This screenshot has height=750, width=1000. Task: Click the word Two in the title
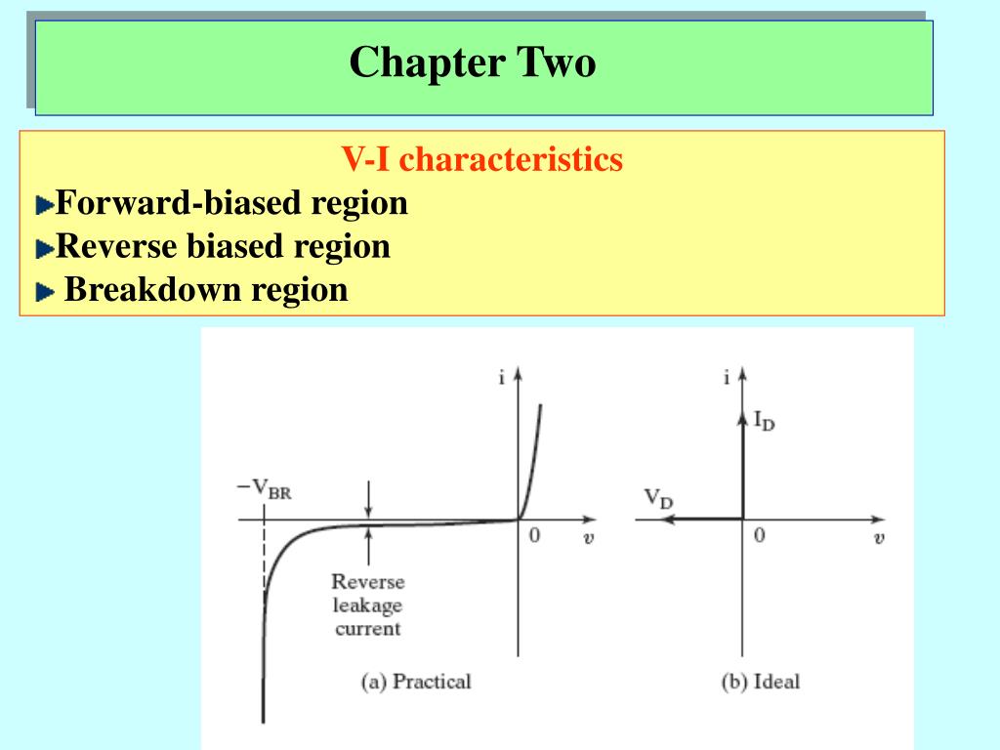(x=555, y=63)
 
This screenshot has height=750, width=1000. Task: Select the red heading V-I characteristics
(x=481, y=158)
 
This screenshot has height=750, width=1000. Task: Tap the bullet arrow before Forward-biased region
(x=45, y=206)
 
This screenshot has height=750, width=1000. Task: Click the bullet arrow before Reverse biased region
(x=45, y=249)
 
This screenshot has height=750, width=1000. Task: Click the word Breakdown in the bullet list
(x=152, y=290)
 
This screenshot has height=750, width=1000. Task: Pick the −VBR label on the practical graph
(x=264, y=487)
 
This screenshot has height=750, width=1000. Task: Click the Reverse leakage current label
(x=367, y=604)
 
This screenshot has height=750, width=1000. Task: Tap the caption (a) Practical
(x=416, y=682)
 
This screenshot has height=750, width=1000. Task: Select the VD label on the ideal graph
(x=658, y=498)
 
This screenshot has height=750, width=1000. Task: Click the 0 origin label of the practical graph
(x=534, y=536)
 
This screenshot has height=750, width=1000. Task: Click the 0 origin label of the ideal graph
(x=759, y=536)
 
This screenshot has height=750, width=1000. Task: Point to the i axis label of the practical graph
(x=501, y=379)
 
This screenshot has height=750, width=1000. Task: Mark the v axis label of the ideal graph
(x=879, y=538)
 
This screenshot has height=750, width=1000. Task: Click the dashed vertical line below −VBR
(x=264, y=557)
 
